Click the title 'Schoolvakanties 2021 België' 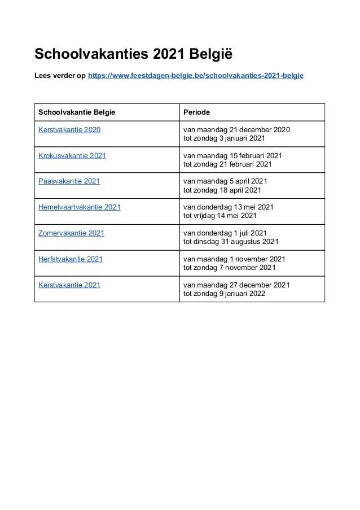(x=134, y=55)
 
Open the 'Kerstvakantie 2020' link (x=69, y=130)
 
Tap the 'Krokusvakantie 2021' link (x=72, y=155)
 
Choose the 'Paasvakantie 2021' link (x=69, y=181)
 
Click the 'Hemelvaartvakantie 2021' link (x=80, y=207)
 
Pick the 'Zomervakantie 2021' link (x=71, y=233)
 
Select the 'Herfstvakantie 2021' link (x=71, y=259)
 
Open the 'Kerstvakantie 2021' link (x=69, y=285)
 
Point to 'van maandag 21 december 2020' (x=237, y=130)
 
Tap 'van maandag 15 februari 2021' (x=233, y=155)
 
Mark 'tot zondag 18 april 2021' (x=222, y=190)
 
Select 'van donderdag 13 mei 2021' (x=229, y=207)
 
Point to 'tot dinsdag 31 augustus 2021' (x=231, y=242)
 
